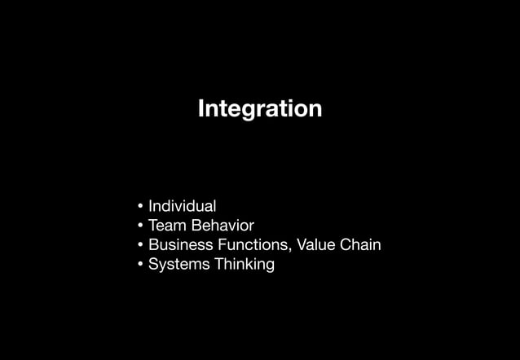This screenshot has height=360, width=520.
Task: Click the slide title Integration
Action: [x=260, y=108]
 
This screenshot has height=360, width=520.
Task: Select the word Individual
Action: [x=182, y=206]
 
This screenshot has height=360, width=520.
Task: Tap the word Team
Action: [x=166, y=226]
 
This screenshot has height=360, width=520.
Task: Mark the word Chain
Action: [x=361, y=245]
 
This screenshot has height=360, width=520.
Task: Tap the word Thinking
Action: [x=245, y=265]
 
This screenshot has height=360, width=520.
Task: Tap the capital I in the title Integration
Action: [x=201, y=108]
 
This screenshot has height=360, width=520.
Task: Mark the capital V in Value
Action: [x=302, y=245]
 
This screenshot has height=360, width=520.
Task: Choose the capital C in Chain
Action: [x=346, y=245]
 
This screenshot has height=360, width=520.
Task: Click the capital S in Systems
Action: [x=153, y=265]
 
